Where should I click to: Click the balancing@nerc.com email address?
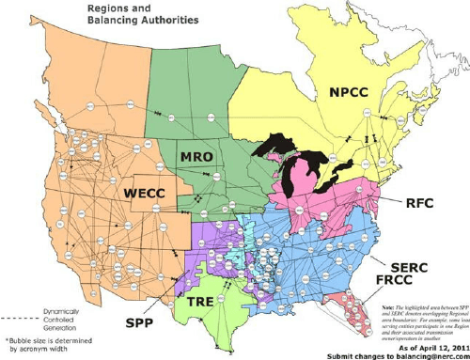coord(427,354)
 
